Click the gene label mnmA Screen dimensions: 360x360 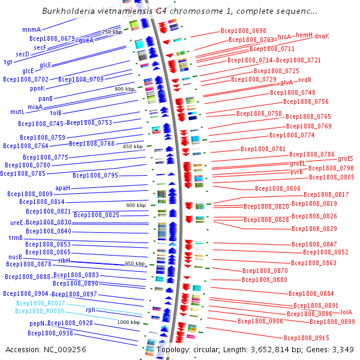tap(31, 29)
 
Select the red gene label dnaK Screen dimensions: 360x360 tap(322, 36)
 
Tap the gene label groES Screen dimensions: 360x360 tap(346, 158)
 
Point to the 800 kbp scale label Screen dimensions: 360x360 tap(125, 89)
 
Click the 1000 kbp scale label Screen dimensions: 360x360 tap(128, 322)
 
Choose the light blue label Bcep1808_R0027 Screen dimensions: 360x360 tap(39, 303)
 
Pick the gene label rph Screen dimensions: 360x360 tap(90, 310)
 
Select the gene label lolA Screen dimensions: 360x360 tap(346, 312)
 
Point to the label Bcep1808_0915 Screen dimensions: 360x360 tap(306, 338)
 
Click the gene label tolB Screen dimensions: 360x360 tap(56, 112)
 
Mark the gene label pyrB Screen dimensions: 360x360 tap(296, 172)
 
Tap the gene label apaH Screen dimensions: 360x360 tap(63, 188)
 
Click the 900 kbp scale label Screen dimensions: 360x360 tap(136, 205)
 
